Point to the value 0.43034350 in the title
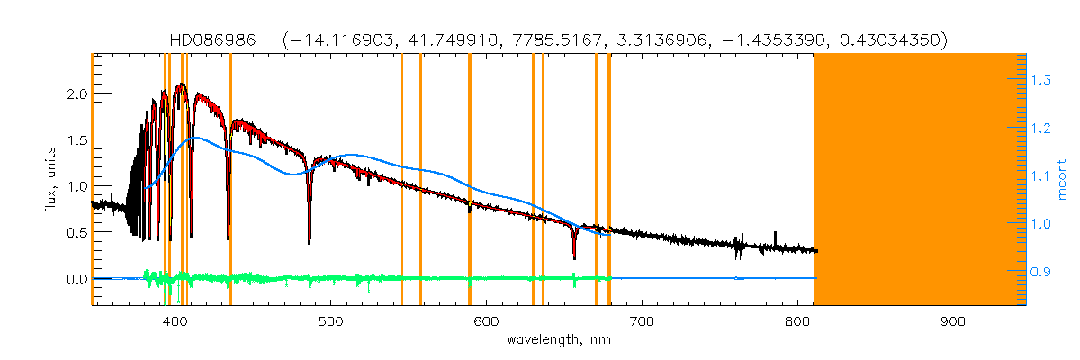tap(889, 40)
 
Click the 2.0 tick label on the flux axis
tap(76, 94)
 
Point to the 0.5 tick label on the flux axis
tap(76, 232)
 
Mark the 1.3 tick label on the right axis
tap(1041, 81)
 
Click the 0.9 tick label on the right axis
tap(1041, 271)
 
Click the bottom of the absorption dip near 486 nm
tap(310, 242)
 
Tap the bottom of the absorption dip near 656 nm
tap(574, 258)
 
